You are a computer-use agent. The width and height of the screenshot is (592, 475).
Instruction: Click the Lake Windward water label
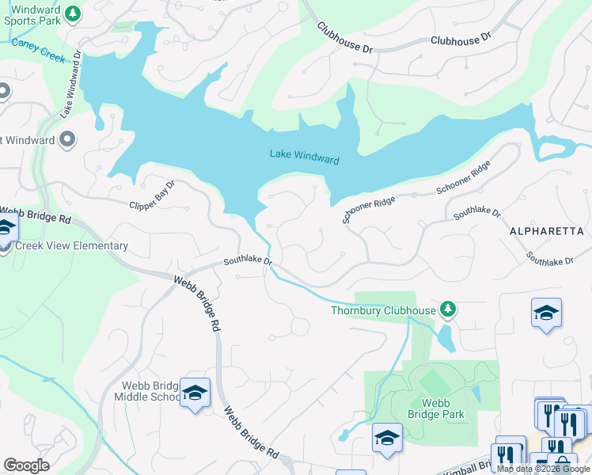point(304,157)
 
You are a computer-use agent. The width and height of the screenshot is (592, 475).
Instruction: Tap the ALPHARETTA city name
point(546,230)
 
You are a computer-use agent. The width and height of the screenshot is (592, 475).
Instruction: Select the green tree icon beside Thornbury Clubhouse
point(449,308)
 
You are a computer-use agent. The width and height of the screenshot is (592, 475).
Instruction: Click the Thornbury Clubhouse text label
point(382,310)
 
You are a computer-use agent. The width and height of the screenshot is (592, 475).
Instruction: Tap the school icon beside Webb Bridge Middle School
point(194,393)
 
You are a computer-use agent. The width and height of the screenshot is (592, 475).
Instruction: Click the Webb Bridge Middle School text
point(150,392)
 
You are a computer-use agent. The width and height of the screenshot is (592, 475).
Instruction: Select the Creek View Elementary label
point(71,245)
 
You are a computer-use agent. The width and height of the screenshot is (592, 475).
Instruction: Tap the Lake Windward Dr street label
point(71,85)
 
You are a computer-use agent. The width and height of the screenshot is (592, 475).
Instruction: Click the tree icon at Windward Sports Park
point(73,13)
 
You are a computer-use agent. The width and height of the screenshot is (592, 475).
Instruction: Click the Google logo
point(26,465)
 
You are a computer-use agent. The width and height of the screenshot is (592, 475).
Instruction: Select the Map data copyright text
point(544,469)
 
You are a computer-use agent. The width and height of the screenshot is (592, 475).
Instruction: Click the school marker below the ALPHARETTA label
point(547,314)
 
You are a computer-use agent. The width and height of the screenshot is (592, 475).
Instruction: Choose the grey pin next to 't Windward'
point(66,139)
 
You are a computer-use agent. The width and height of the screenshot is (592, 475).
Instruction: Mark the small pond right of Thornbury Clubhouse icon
point(446,338)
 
